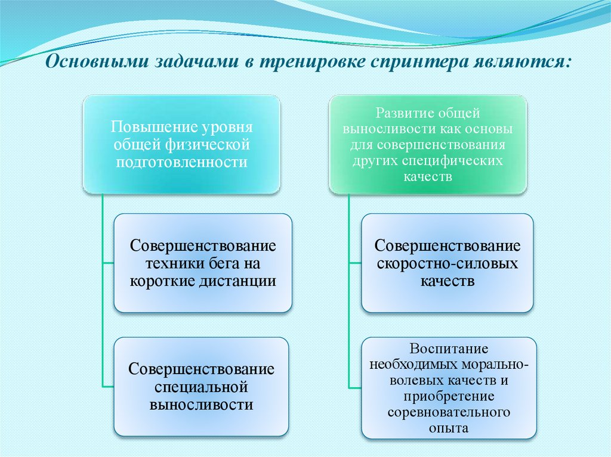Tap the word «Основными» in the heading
click(x=95, y=62)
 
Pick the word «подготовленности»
click(x=181, y=162)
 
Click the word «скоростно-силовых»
click(x=447, y=264)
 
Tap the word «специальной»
click(x=201, y=387)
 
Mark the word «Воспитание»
click(x=448, y=349)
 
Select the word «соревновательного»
click(x=448, y=412)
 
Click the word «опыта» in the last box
click(x=448, y=428)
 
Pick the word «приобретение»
click(x=448, y=396)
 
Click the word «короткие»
click(x=161, y=281)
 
